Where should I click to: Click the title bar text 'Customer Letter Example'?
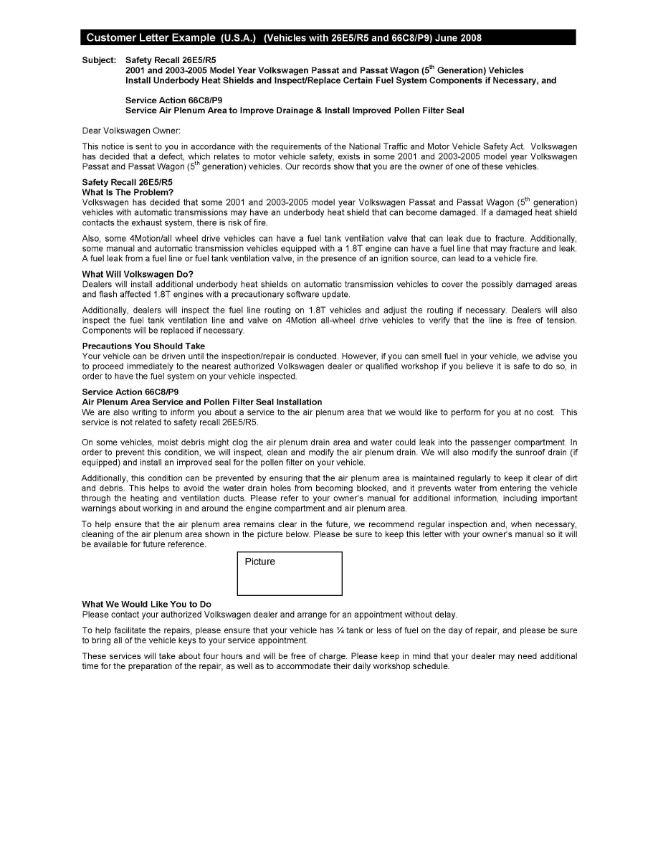pos(151,37)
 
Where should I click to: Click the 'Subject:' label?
pos(99,60)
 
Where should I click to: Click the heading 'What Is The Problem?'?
pos(128,192)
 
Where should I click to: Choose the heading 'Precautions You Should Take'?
pos(143,346)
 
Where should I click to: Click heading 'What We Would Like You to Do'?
pos(146,605)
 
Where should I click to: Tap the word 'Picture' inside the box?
pos(259,562)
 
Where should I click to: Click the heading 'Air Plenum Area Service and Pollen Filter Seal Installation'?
pos(201,402)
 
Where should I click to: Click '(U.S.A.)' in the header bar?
pos(239,37)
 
